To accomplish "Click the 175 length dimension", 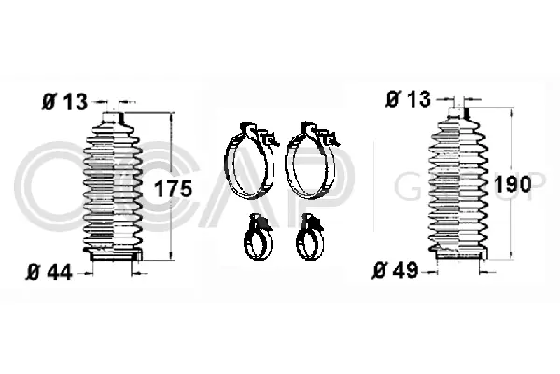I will [x=173, y=188].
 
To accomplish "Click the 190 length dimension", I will [x=512, y=183].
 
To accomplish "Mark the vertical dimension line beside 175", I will [x=170, y=224].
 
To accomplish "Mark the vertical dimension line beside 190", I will [x=511, y=224].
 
